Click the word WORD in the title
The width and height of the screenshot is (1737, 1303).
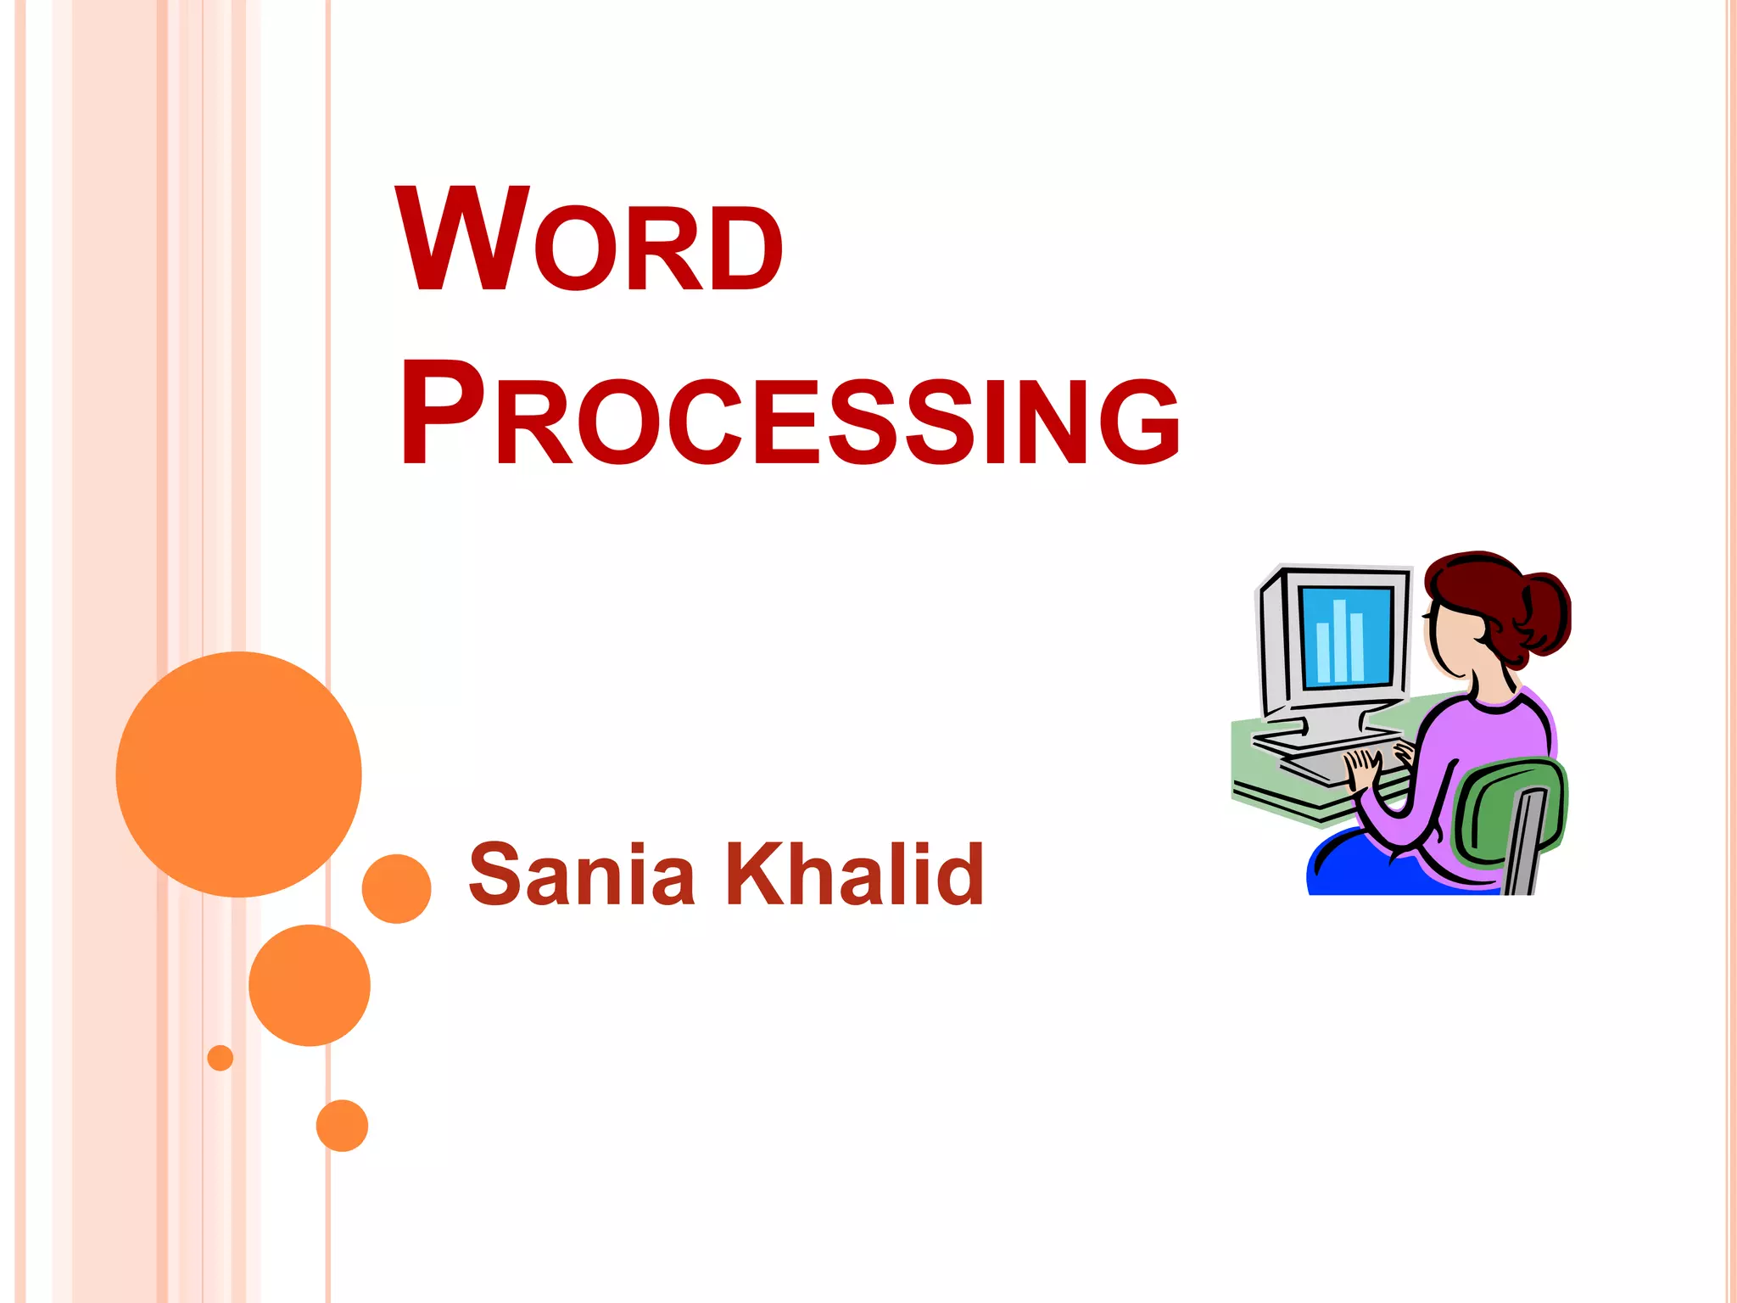589,242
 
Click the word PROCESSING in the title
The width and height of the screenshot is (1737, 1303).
789,416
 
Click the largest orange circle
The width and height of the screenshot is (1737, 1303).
238,774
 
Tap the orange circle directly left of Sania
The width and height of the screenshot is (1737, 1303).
396,888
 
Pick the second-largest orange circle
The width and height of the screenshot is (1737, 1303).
310,985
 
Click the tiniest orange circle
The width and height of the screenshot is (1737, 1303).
221,1058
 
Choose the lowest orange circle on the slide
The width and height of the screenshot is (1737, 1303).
342,1125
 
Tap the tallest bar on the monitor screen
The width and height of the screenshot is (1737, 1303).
1340,640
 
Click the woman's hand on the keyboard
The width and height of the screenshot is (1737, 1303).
1363,768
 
